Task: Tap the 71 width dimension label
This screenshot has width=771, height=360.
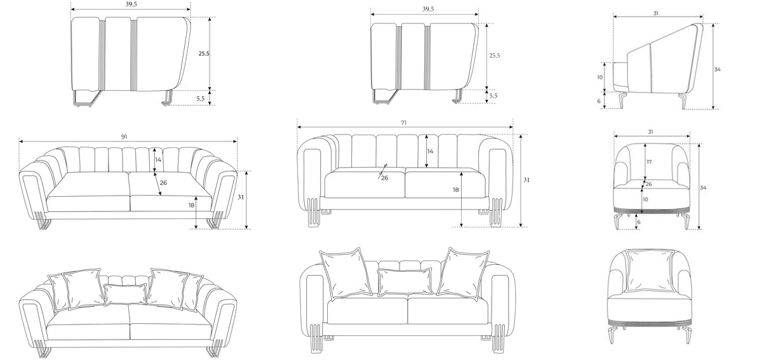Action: pyautogui.click(x=403, y=123)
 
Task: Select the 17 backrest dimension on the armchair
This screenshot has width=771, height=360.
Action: pyautogui.click(x=648, y=162)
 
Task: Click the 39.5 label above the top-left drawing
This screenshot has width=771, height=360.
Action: pyautogui.click(x=131, y=4)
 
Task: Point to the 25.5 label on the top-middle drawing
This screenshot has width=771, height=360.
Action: pyautogui.click(x=494, y=56)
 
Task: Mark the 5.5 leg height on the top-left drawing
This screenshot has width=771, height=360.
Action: pyautogui.click(x=201, y=98)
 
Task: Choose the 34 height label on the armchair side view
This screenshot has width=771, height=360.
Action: pyautogui.click(x=718, y=69)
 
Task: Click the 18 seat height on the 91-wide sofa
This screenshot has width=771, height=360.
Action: pyautogui.click(x=192, y=205)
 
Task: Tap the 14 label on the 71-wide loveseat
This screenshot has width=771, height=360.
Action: pyautogui.click(x=430, y=152)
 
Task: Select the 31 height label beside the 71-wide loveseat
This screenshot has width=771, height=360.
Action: pyautogui.click(x=526, y=180)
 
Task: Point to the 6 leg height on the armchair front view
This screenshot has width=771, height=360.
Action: pyautogui.click(x=638, y=222)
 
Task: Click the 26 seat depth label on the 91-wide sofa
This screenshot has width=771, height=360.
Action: pyautogui.click(x=163, y=183)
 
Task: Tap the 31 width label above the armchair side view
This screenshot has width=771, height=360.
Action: pyautogui.click(x=655, y=13)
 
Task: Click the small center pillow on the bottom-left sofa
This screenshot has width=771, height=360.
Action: pyautogui.click(x=124, y=295)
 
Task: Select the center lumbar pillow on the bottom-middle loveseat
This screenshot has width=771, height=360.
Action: pyautogui.click(x=405, y=281)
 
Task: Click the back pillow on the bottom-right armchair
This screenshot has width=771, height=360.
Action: pyautogui.click(x=650, y=271)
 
